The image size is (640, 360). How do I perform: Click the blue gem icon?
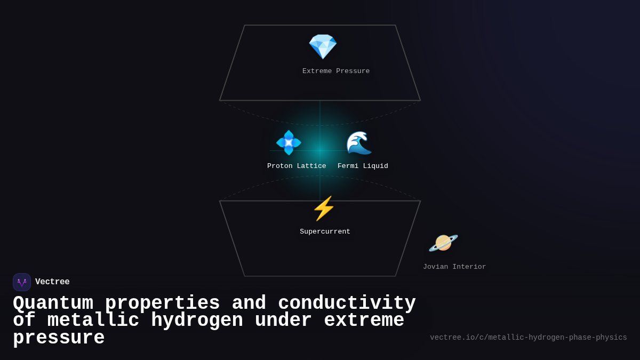(x=323, y=46)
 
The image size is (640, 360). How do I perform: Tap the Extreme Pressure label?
(x=336, y=71)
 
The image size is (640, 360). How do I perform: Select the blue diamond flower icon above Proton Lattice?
(x=289, y=143)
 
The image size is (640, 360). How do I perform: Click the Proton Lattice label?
(x=297, y=166)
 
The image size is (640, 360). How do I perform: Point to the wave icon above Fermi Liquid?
(x=359, y=143)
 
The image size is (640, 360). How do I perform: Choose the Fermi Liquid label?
(x=363, y=166)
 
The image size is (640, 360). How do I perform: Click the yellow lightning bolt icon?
(x=324, y=209)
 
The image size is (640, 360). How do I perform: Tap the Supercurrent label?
(x=325, y=232)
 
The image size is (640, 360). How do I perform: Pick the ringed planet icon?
(x=443, y=243)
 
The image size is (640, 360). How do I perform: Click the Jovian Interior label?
(x=454, y=267)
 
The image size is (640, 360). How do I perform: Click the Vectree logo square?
(x=22, y=282)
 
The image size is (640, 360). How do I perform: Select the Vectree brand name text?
(x=52, y=282)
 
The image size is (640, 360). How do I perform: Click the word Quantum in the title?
(x=53, y=303)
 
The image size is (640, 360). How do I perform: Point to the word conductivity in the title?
(x=347, y=303)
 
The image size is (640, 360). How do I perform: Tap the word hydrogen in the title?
(x=197, y=321)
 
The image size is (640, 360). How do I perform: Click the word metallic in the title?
(x=93, y=321)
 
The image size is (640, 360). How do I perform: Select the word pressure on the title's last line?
(x=59, y=338)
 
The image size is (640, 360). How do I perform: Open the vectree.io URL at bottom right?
(x=528, y=338)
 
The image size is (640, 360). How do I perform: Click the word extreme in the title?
(x=364, y=321)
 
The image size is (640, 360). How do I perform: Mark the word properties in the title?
(x=162, y=303)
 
